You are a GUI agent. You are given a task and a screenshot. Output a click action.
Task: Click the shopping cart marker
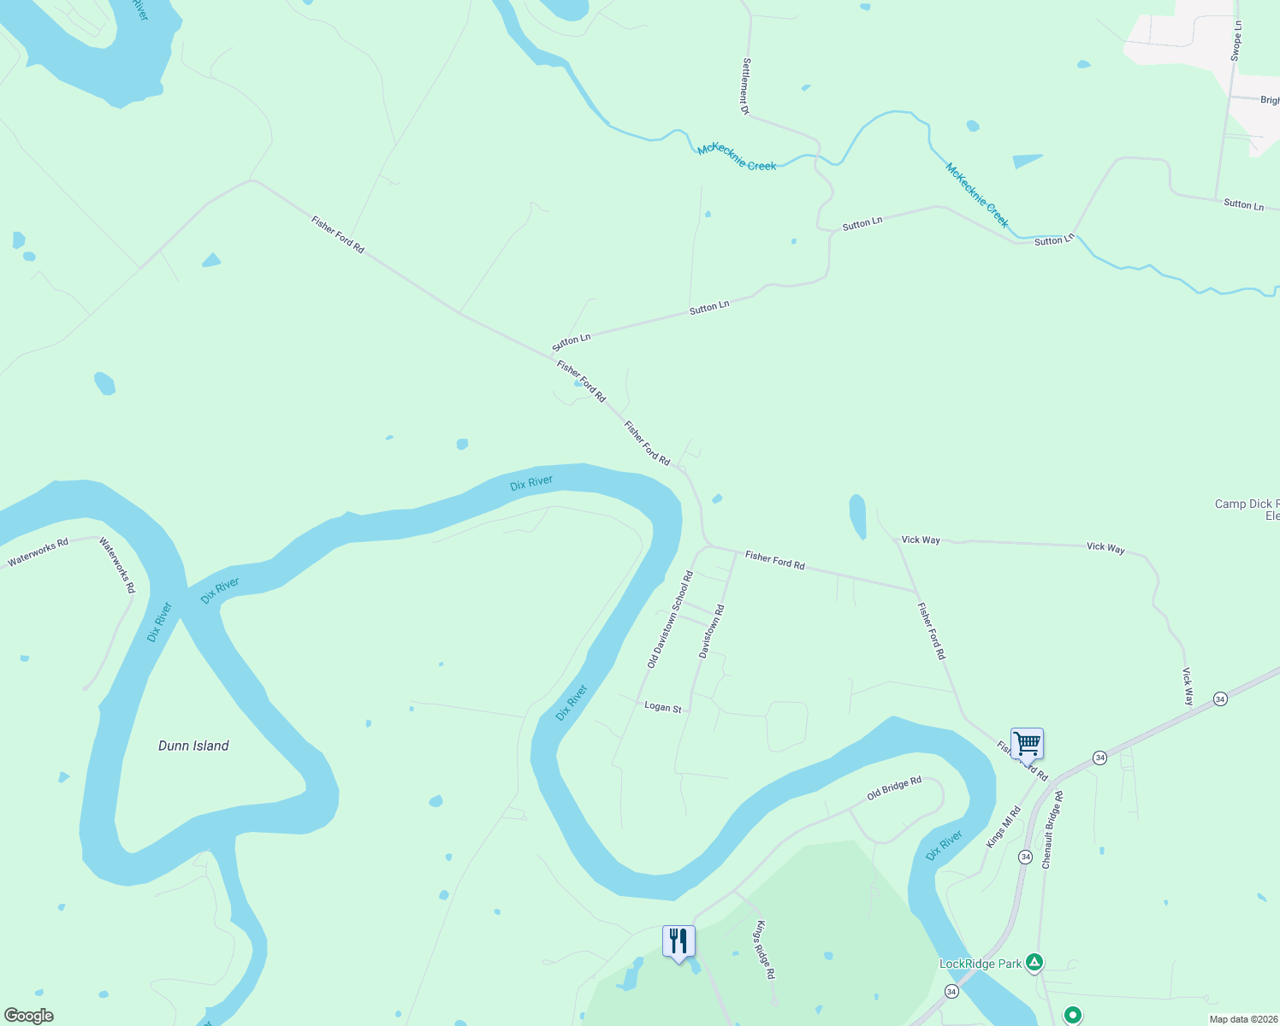pos(1027,744)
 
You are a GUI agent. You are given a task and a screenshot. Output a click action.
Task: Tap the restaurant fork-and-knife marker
pos(679,941)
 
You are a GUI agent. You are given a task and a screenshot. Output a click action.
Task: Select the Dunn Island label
pos(193,746)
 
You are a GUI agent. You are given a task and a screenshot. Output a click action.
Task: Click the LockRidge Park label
pos(981,964)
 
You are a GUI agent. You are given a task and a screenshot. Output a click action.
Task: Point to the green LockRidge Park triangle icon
pos(1034,963)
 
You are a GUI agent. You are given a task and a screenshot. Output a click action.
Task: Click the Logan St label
pos(663,707)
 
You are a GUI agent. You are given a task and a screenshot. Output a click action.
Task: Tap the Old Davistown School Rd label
pos(670,620)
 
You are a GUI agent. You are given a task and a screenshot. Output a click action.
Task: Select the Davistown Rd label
pos(711,631)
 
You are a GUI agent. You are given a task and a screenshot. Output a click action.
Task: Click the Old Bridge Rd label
pos(894,788)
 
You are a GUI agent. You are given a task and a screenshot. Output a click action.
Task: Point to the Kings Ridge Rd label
pos(765,949)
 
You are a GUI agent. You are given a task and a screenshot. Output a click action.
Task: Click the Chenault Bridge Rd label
pos(1052,830)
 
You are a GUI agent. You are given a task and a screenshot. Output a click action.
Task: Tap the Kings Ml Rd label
pos(1004,827)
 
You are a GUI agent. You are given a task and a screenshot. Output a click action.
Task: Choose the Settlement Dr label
pos(746,86)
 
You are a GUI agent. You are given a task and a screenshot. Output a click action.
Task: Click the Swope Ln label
pos(1236,41)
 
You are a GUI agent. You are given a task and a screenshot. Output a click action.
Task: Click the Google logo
pos(29,1016)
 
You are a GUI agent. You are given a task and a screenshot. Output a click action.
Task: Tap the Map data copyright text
pos(1243,1019)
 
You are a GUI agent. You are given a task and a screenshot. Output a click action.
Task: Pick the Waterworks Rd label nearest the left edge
pos(38,553)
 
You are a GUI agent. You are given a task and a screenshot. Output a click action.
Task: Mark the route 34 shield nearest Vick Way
pos(1220,699)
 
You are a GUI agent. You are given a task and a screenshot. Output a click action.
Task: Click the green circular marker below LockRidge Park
pos(1072,1015)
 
